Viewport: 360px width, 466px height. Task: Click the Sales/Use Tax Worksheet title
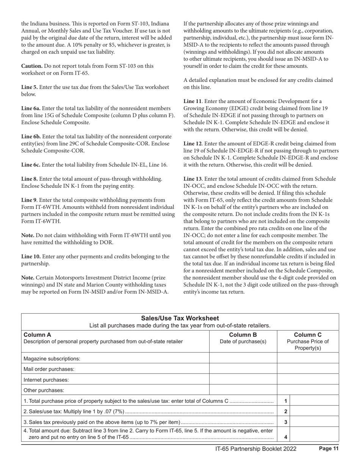[x=180, y=318]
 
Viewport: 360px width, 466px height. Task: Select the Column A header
[x=37, y=335]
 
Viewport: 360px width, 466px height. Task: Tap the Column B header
[x=243, y=335]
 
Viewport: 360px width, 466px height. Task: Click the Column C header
[x=308, y=335]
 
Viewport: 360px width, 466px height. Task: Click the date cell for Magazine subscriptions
[x=243, y=358]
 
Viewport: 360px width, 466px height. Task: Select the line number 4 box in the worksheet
[x=285, y=437]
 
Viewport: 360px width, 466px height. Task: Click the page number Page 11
[x=328, y=449]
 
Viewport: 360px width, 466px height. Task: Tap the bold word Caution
[x=31, y=66]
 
